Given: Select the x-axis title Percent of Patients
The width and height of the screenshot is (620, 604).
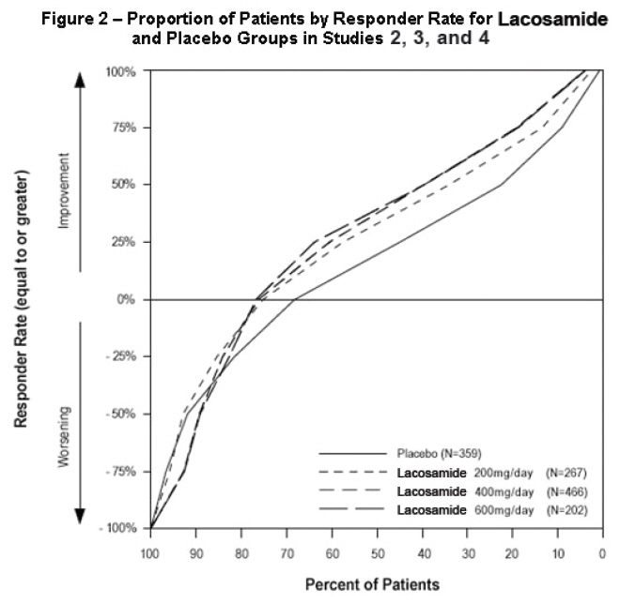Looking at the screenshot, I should pyautogui.click(x=372, y=583).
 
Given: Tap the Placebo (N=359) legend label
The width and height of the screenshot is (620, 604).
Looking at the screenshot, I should pyautogui.click(x=426, y=452).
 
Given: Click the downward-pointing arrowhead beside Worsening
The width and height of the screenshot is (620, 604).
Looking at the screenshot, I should pyautogui.click(x=80, y=516).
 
